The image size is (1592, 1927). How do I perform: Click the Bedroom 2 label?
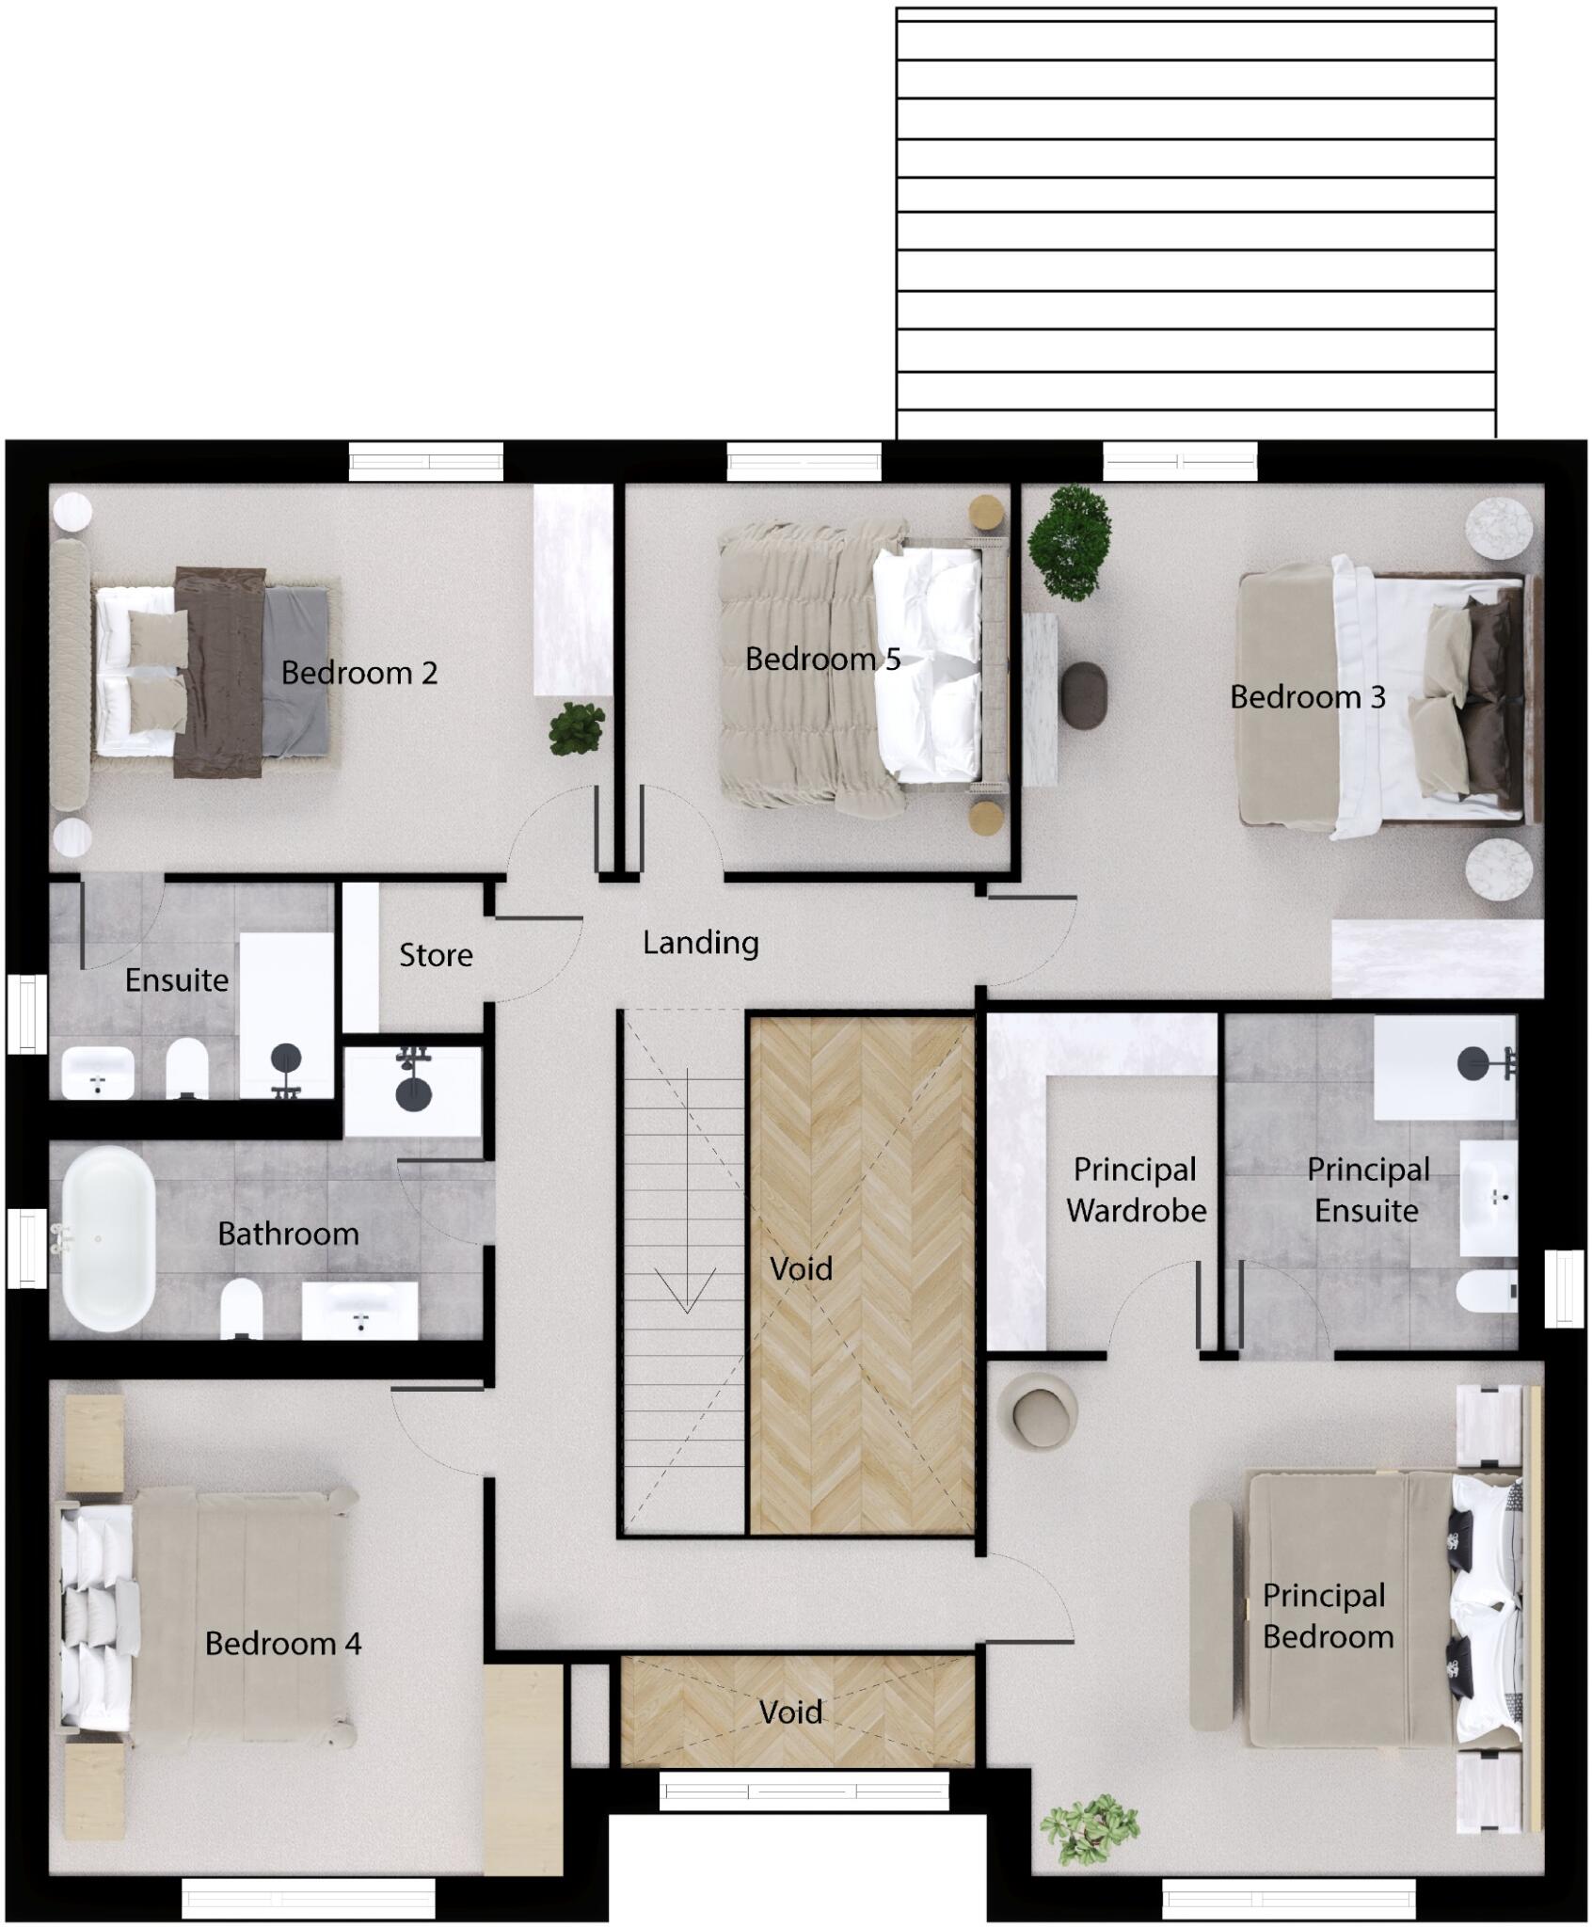(359, 673)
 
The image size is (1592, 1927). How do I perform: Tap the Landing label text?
(700, 942)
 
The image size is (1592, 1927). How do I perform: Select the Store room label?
(436, 955)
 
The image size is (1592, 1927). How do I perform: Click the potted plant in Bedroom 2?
(577, 728)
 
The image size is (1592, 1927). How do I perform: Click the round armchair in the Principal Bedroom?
(1043, 1411)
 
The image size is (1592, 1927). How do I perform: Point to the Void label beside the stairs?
(801, 1268)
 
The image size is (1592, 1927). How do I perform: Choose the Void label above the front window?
(790, 1712)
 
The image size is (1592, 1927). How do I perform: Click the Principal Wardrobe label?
(1136, 1190)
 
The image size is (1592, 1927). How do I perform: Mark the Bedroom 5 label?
(822, 659)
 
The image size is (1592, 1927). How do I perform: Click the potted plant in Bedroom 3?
(1070, 542)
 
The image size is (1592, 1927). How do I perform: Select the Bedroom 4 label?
(283, 1643)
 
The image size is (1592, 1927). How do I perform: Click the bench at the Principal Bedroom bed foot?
(1211, 1615)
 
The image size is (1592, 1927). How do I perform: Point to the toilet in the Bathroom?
(241, 1307)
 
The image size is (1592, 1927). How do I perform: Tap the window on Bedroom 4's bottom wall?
(309, 1899)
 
